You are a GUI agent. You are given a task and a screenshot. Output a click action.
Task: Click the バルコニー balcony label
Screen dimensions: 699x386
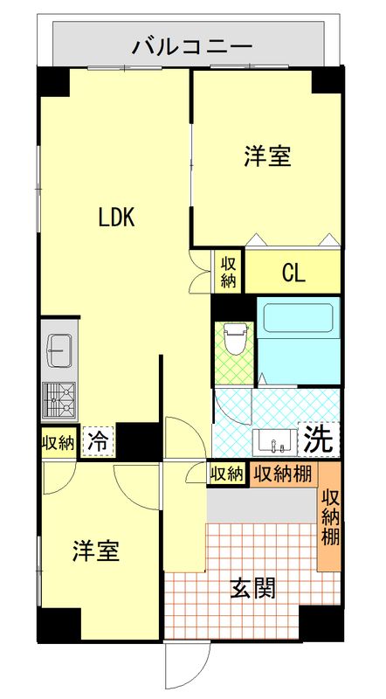click(192, 45)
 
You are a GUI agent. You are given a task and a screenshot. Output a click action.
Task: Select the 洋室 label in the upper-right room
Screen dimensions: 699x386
click(267, 157)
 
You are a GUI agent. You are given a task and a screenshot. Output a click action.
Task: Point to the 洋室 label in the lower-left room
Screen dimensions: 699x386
click(96, 551)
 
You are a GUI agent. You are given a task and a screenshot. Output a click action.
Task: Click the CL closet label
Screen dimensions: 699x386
click(293, 273)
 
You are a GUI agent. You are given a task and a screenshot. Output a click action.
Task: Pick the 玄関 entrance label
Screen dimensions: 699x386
click(252, 588)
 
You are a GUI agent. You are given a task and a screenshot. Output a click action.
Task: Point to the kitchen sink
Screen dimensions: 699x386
click(59, 349)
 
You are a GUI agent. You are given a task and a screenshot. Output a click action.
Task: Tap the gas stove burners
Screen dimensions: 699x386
click(59, 400)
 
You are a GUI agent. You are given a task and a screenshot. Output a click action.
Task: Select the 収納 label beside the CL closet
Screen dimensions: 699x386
click(228, 273)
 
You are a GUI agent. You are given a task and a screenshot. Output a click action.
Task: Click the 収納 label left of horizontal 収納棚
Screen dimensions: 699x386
click(226, 474)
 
